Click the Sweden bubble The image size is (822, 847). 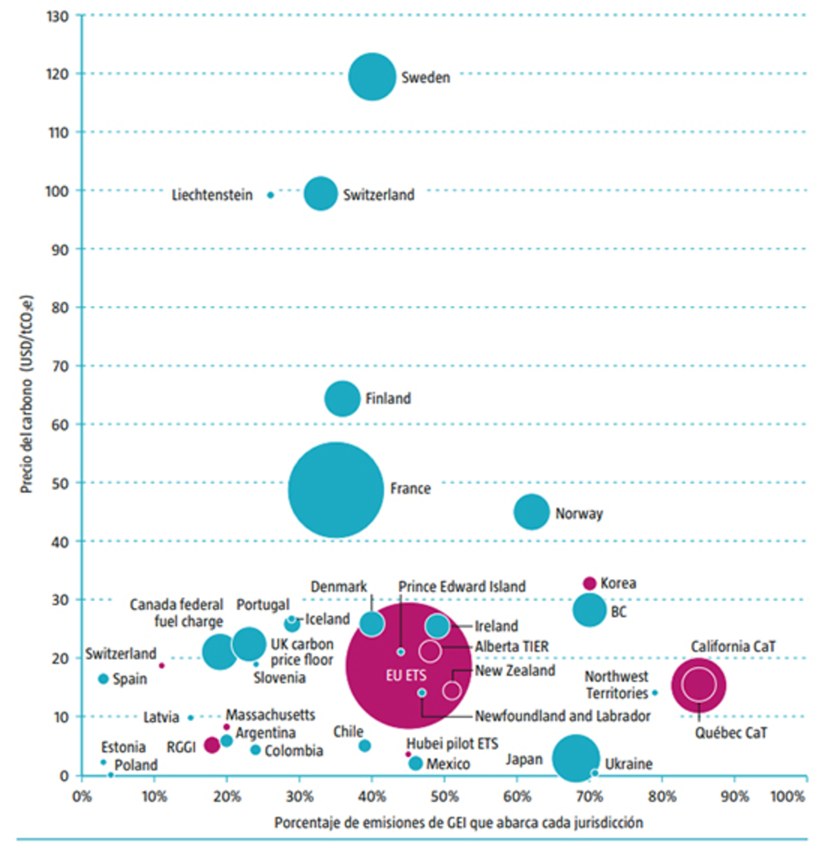pos(372,77)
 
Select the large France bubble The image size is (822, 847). pos(336,490)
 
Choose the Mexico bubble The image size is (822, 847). pos(415,763)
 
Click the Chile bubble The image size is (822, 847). pos(365,745)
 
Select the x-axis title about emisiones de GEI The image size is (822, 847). pos(459,822)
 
